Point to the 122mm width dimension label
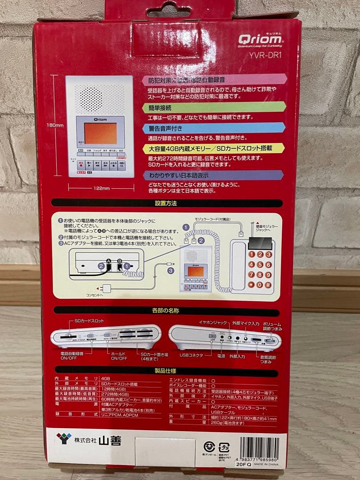click(101, 188)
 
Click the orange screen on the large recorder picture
click(100, 133)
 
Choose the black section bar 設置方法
click(167, 203)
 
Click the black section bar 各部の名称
click(167, 312)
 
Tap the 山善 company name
click(109, 441)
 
